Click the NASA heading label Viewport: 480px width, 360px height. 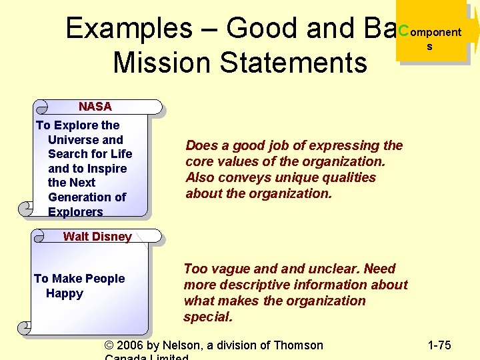coord(95,107)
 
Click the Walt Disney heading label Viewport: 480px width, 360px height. coord(97,236)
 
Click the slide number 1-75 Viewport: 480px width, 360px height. coord(439,345)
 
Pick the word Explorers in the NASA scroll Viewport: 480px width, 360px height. coord(75,212)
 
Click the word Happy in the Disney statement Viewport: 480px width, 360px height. coord(65,293)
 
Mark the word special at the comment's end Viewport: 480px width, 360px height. coord(208,317)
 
